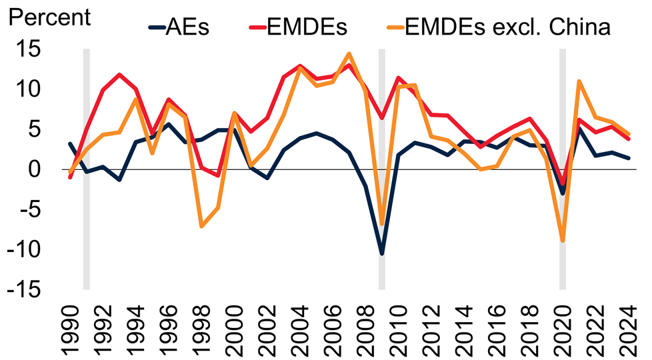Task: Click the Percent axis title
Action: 48,17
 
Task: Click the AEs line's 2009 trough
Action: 382,253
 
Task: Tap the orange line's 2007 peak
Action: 349,54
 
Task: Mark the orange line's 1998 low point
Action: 201,227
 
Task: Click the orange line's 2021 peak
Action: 579,81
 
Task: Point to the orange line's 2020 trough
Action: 563,241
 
